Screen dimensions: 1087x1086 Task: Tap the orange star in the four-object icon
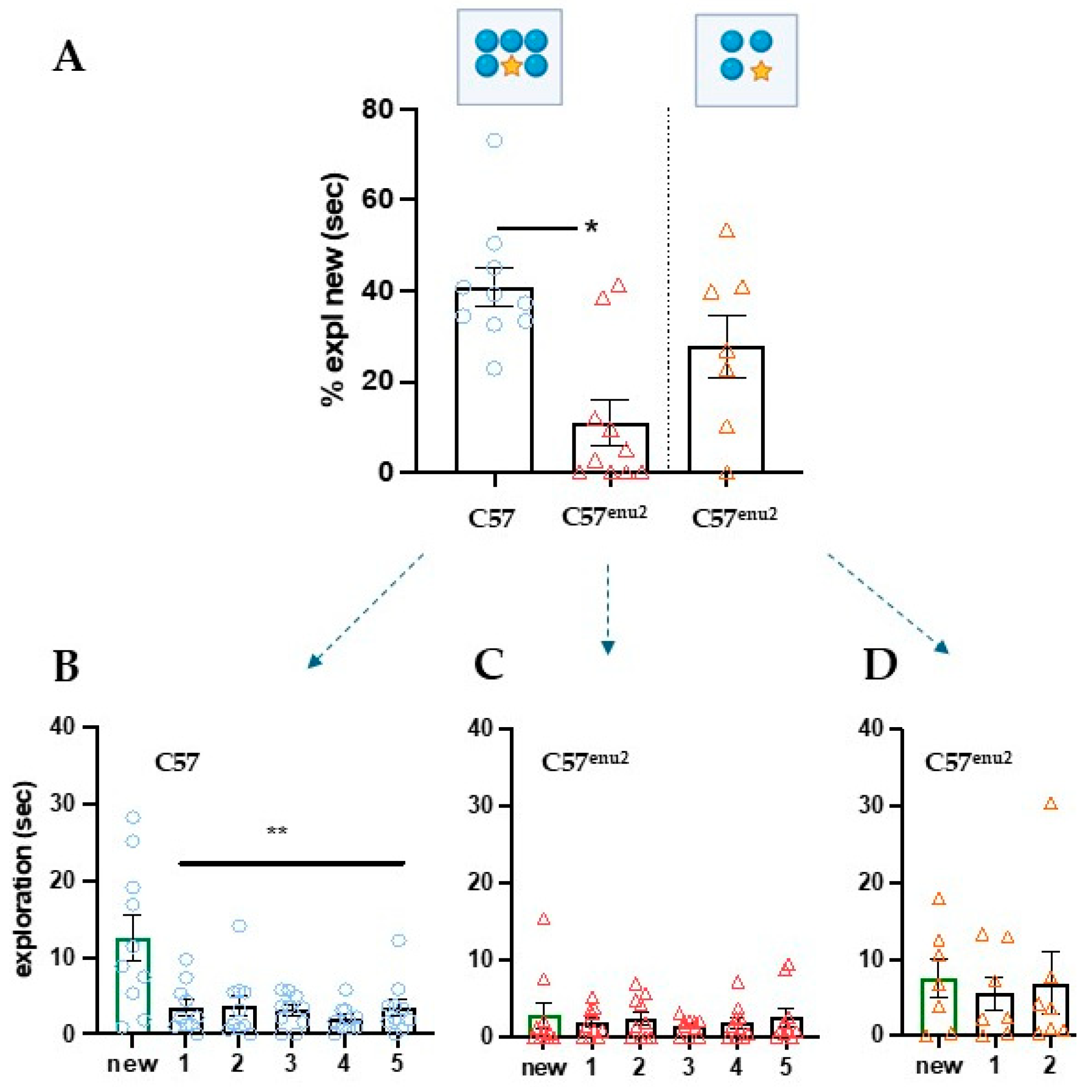point(761,71)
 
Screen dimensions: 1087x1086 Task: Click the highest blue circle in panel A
point(494,141)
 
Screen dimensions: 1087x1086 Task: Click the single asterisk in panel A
point(591,228)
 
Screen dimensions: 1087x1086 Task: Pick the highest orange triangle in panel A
point(727,231)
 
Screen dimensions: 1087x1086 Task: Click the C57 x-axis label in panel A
point(491,518)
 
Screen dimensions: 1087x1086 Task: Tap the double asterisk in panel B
point(277,830)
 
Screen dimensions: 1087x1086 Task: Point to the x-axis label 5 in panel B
point(397,1063)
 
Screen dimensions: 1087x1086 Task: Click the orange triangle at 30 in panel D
point(1050,804)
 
